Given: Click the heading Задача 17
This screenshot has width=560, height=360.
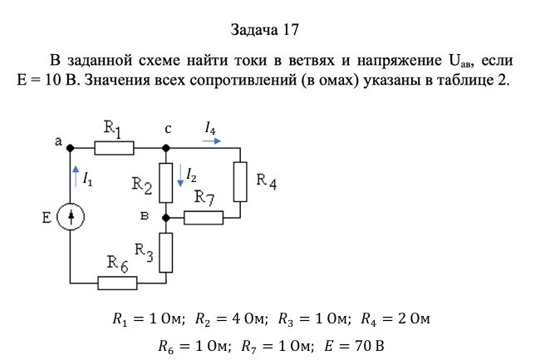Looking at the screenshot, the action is click(265, 30).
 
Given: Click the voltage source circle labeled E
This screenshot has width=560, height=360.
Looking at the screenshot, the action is click(71, 217).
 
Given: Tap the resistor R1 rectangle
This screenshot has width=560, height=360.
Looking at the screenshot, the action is click(115, 148).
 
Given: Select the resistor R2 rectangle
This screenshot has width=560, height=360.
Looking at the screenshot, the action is click(165, 183).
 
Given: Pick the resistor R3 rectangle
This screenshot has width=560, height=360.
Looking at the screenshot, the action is click(165, 253).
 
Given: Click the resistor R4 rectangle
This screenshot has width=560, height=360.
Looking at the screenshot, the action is click(240, 181).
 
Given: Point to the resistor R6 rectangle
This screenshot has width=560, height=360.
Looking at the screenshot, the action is click(117, 284).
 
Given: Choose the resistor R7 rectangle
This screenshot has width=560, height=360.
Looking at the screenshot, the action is click(204, 218).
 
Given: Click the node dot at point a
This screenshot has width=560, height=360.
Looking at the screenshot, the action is click(71, 148).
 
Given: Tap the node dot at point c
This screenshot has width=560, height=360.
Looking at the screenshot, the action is click(165, 148).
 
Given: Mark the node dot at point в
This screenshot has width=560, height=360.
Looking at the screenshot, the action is click(165, 217).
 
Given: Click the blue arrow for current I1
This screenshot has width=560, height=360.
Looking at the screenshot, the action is click(76, 176).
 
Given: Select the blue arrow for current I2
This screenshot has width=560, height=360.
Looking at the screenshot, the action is click(180, 175).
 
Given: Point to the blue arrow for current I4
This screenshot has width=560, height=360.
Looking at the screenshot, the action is click(212, 141).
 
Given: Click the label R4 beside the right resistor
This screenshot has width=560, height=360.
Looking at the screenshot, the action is click(267, 181).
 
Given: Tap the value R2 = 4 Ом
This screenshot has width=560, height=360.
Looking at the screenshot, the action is click(232, 318).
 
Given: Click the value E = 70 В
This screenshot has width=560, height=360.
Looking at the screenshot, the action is click(354, 346).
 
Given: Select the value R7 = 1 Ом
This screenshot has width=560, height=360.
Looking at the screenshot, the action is click(278, 346).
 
